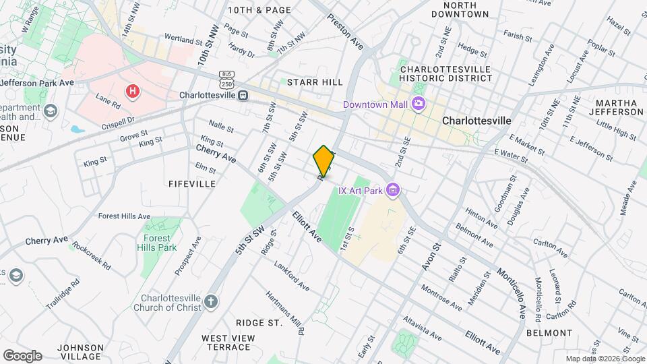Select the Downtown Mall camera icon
coord(419,104)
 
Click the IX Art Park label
coord(360,191)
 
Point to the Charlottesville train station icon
coord(243,95)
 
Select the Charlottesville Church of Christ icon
coord(211,301)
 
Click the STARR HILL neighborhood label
coord(315,82)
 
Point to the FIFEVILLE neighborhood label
coord(192,183)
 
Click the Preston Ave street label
coord(346,30)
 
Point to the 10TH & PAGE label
coord(259,10)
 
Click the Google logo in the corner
coord(22,355)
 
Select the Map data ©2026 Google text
coord(604,359)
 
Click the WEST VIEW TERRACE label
coord(228,342)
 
